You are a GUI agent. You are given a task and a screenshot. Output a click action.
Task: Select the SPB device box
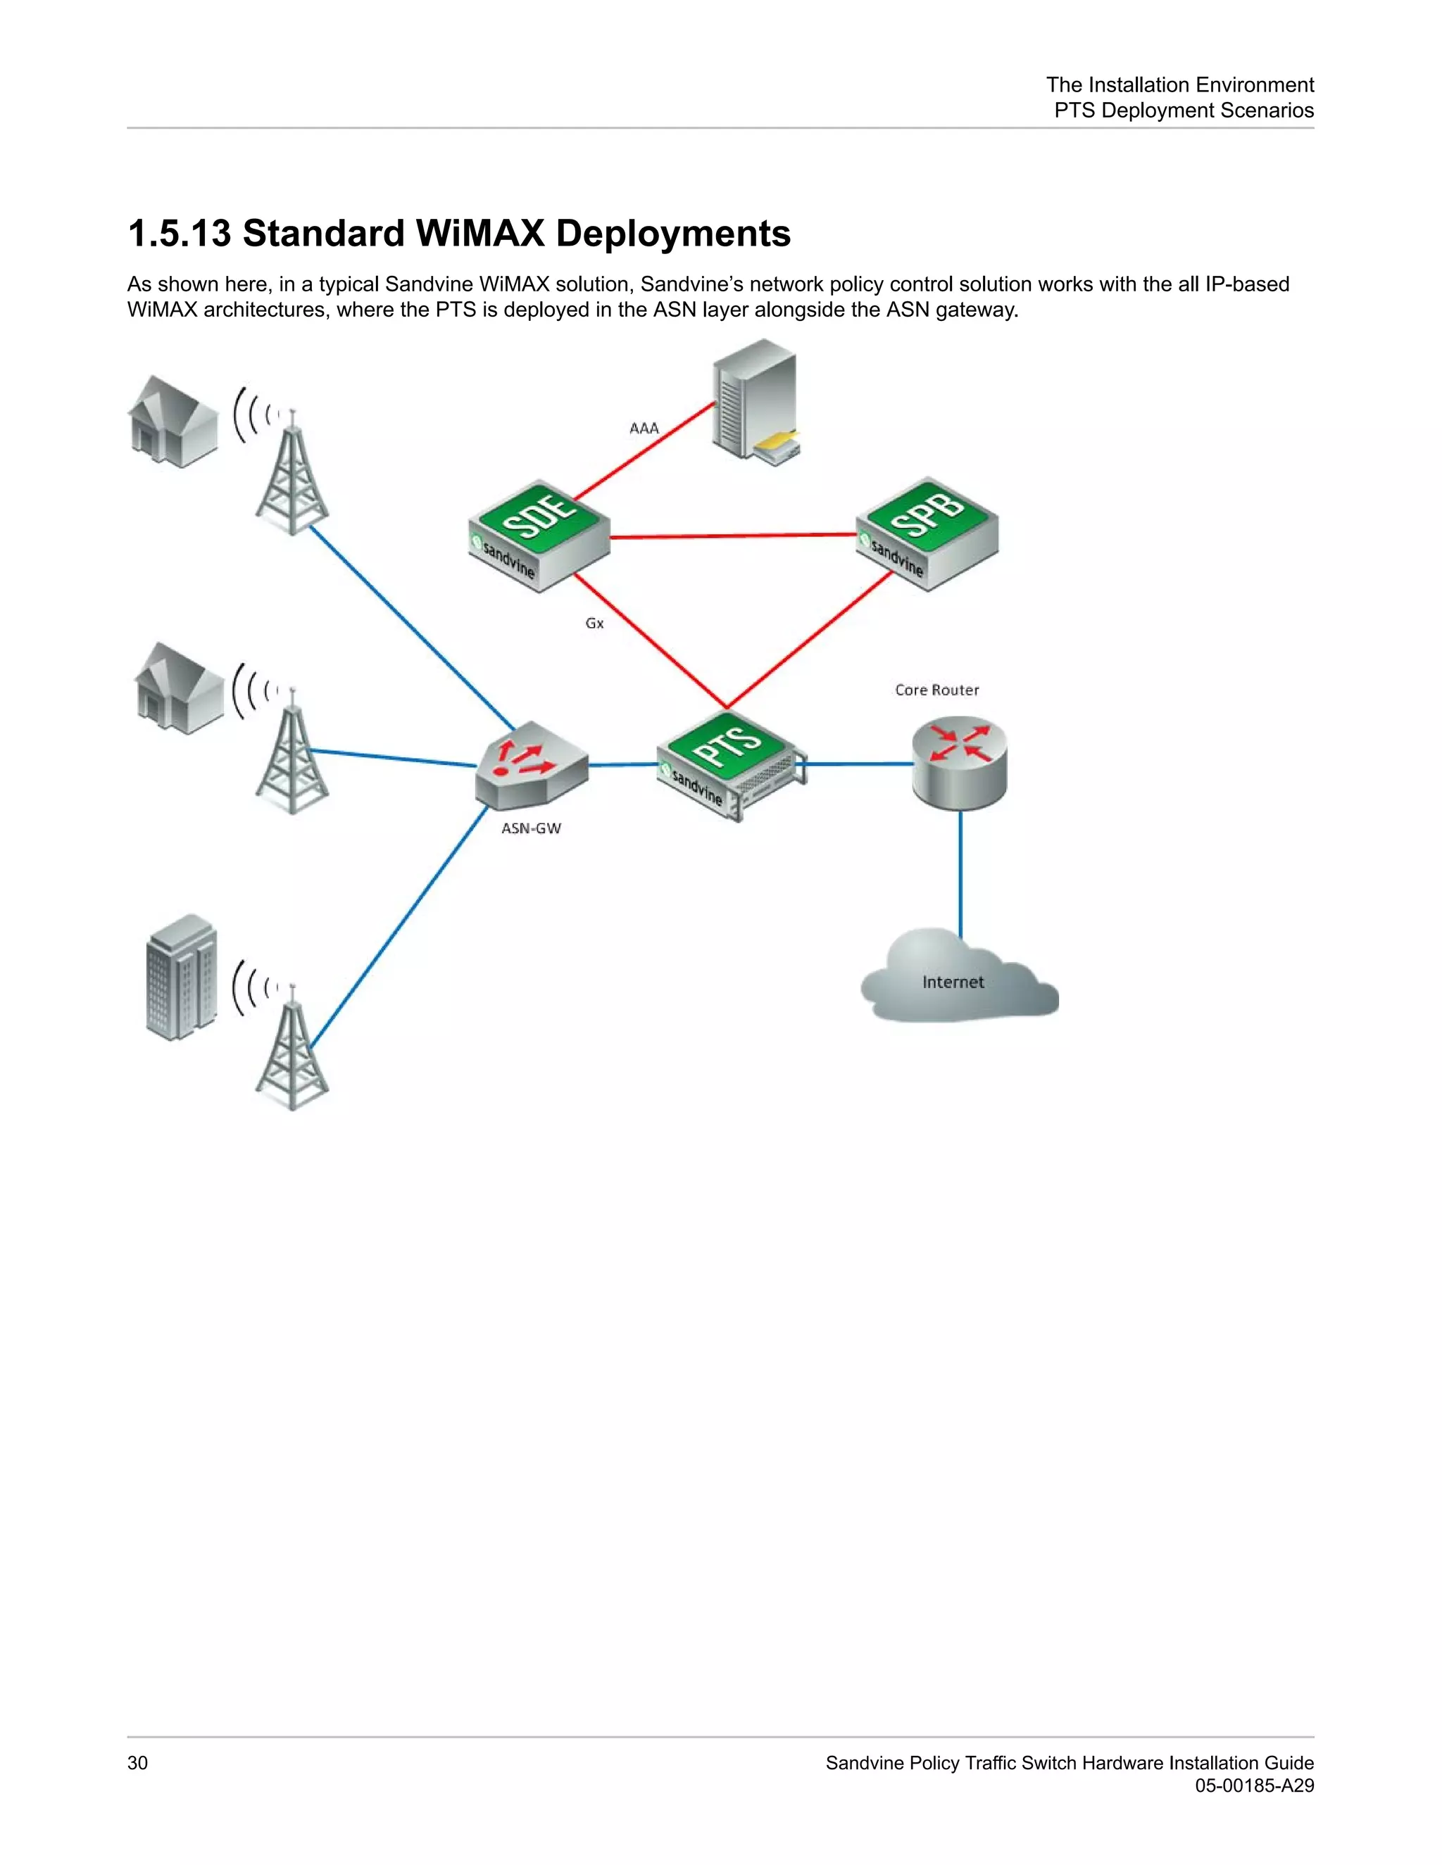927,533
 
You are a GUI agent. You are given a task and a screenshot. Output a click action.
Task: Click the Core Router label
936,690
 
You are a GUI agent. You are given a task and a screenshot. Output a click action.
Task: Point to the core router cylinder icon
960,763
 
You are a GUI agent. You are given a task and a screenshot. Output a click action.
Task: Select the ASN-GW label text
530,828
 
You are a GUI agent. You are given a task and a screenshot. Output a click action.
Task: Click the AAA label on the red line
644,428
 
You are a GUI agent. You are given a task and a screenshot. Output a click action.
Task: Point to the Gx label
594,624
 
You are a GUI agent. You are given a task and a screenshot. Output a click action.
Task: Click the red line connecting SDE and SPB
733,536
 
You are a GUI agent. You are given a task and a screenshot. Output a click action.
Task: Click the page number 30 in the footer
137,1762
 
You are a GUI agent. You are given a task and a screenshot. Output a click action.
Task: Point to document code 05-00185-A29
1253,1785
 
